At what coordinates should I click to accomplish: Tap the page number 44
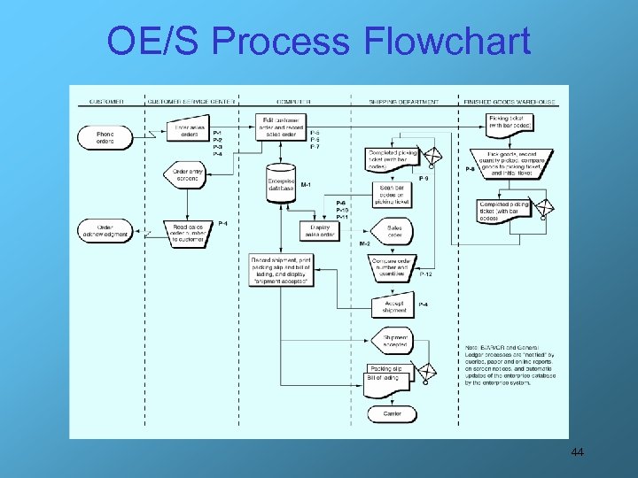tap(577, 453)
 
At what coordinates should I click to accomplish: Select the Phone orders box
tap(105, 136)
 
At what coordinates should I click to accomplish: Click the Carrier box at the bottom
tap(393, 413)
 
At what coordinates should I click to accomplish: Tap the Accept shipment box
tap(394, 307)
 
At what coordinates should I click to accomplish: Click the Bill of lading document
tap(384, 380)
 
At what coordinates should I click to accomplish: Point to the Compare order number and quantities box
tap(393, 266)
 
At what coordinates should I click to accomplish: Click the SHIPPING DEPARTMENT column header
tap(403, 102)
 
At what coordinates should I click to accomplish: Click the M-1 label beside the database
tap(306, 185)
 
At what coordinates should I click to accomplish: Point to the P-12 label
tap(425, 274)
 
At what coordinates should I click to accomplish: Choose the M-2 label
tap(364, 243)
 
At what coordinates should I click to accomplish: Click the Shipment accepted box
tap(395, 340)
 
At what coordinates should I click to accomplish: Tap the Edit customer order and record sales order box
tap(282, 122)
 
